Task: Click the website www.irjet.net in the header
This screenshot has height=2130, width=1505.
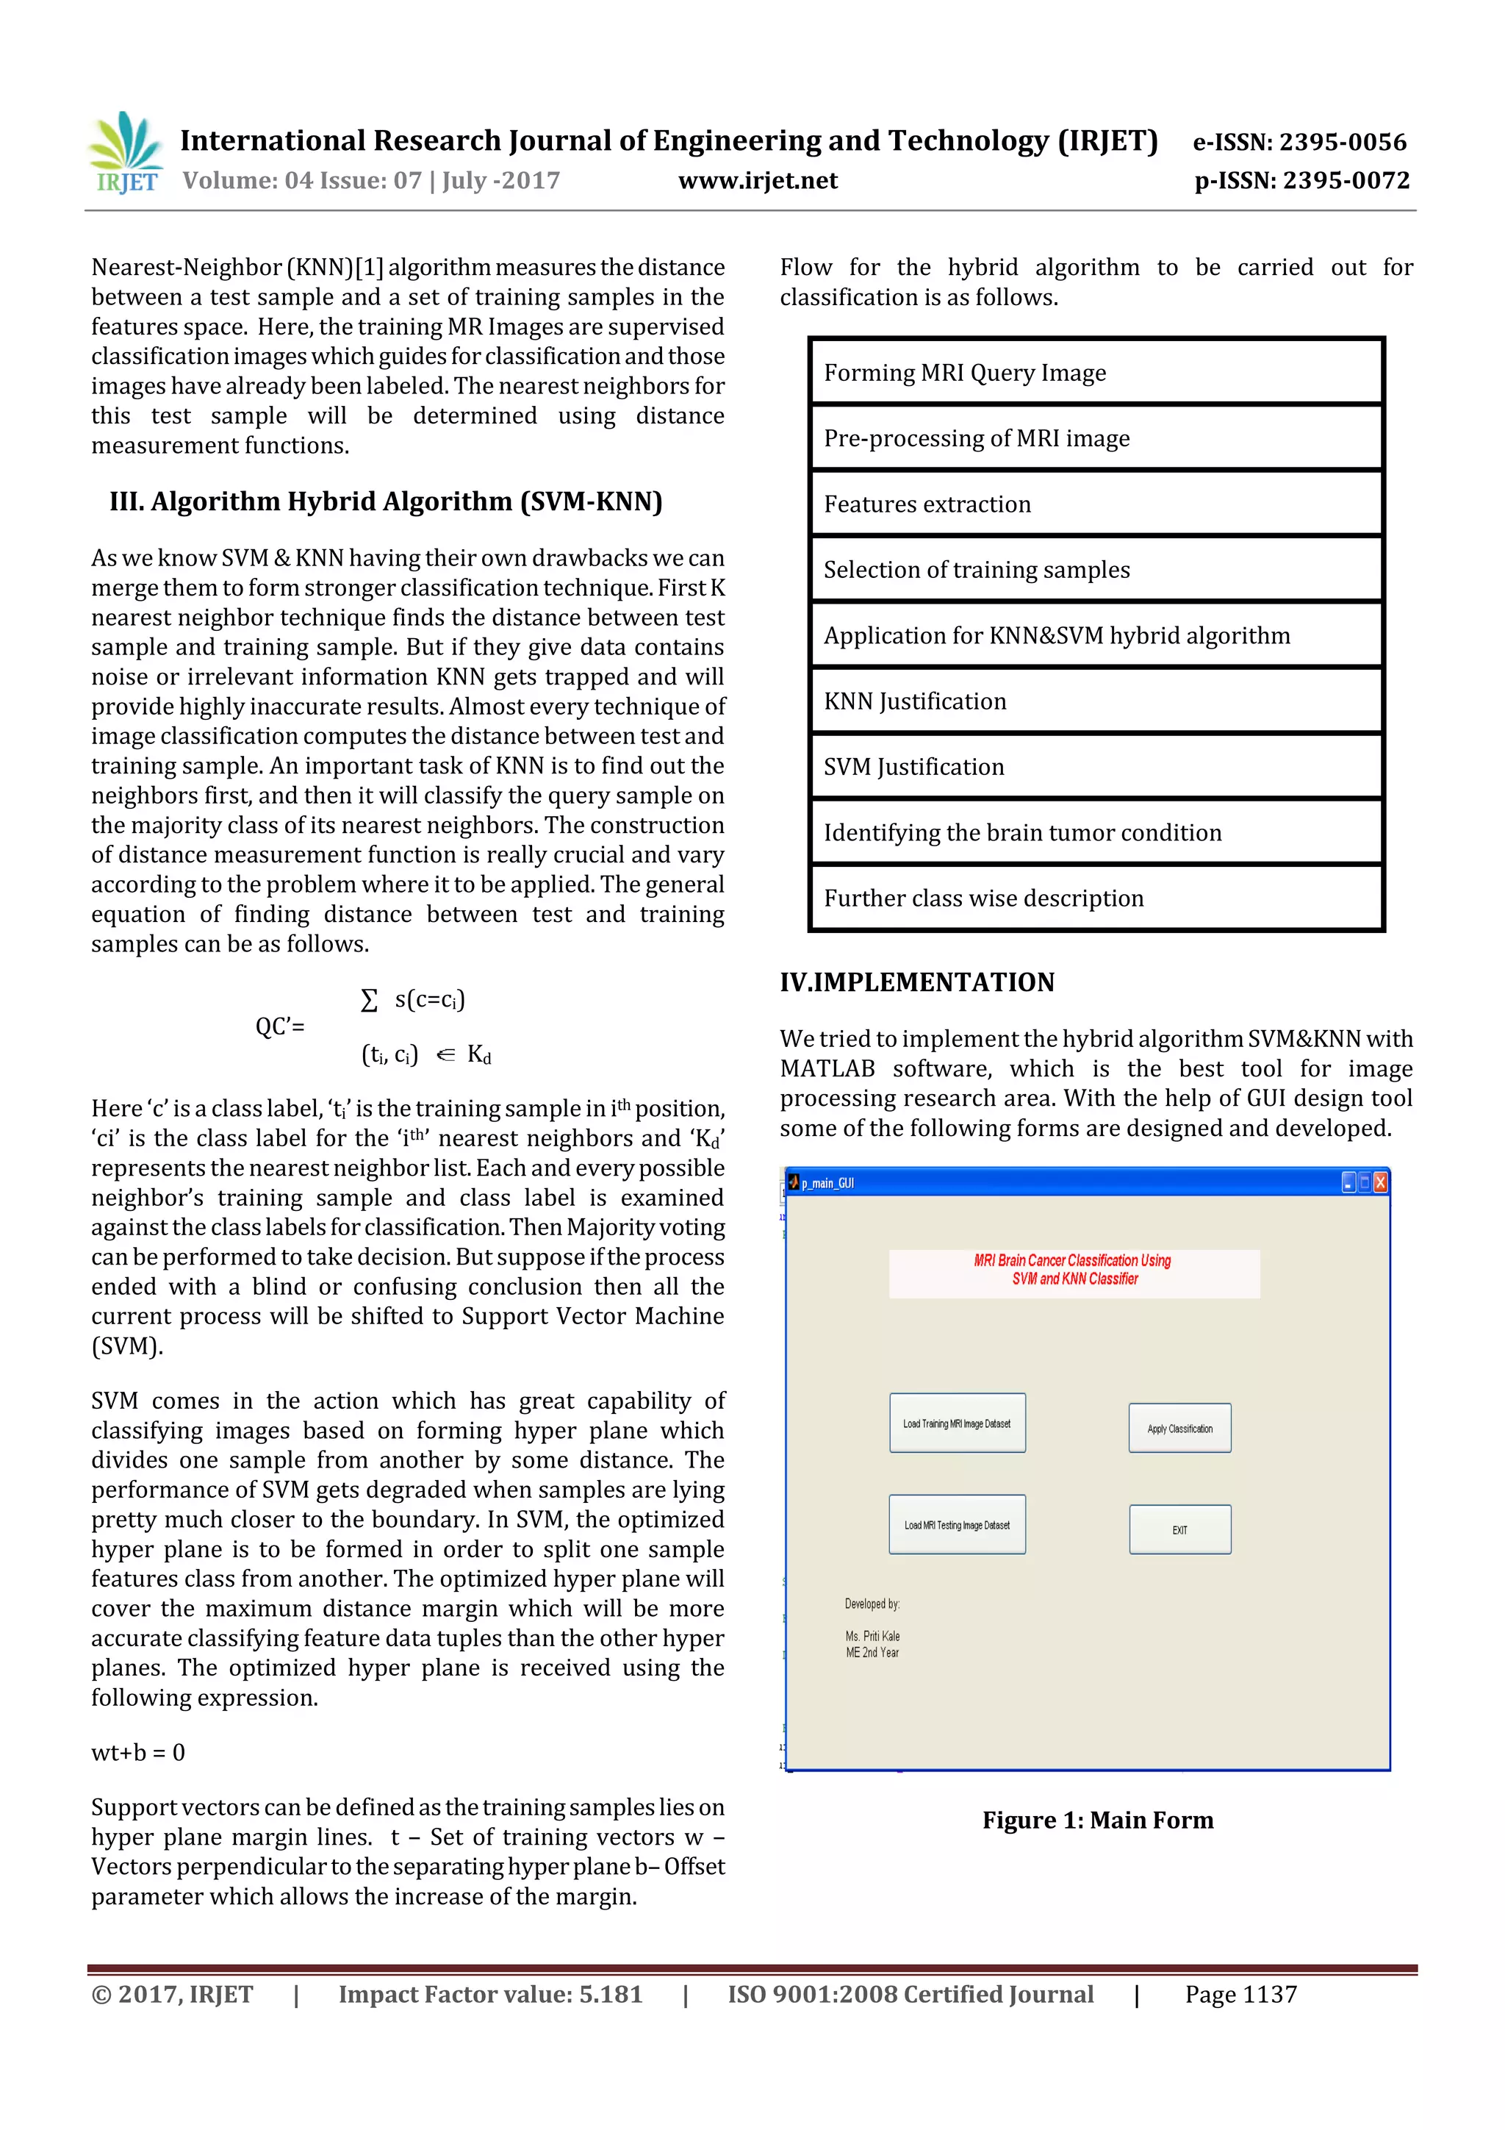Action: pos(758,181)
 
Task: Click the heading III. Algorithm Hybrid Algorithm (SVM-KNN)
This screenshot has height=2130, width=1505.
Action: pos(386,502)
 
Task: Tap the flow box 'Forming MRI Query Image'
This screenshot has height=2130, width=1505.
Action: pos(1096,373)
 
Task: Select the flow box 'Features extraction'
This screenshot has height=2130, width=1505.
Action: pos(1096,504)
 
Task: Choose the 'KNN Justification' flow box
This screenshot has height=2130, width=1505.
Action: pos(1096,701)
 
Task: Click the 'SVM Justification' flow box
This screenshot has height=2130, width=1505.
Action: pos(1096,767)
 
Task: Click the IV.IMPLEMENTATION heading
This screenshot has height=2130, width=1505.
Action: pos(916,982)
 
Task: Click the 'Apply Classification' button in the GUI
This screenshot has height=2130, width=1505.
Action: pos(1179,1429)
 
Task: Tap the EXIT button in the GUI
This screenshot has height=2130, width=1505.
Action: pos(1179,1530)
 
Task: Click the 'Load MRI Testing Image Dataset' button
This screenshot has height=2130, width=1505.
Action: pos(957,1525)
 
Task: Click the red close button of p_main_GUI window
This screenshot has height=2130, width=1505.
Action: pos(1381,1182)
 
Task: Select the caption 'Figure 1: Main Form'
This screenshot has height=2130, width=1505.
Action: pos(1098,1820)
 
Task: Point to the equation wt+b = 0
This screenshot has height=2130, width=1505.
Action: pos(138,1752)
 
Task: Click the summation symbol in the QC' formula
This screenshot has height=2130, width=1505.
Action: pos(369,1000)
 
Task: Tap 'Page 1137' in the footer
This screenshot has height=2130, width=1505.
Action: pos(1240,1995)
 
